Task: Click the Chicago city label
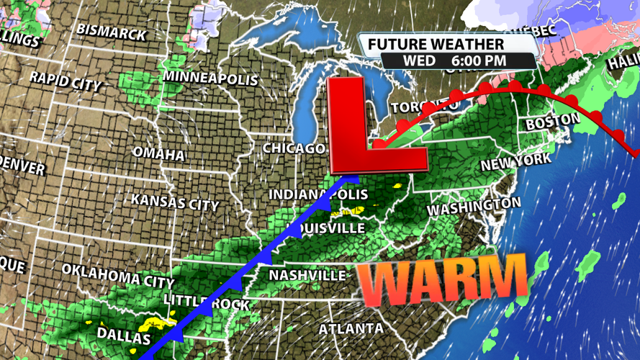tap(294, 148)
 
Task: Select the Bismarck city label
tap(112, 32)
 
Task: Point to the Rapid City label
tap(66, 80)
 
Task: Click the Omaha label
tap(158, 154)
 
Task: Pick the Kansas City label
tap(175, 202)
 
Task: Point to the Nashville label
tap(307, 276)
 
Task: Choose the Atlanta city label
tap(351, 329)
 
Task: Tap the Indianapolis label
tap(318, 195)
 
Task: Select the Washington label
tap(474, 207)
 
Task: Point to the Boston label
tap(552, 122)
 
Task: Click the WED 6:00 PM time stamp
tap(454, 61)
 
